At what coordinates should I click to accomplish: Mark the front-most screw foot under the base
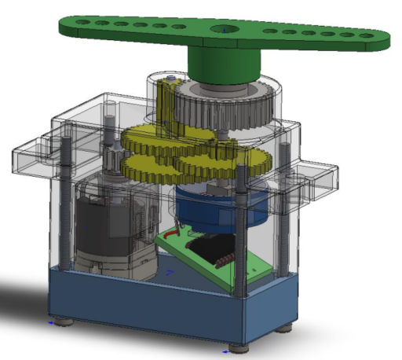[x=236, y=347]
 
